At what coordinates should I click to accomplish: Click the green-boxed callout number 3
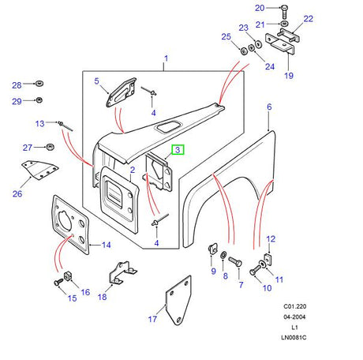[x=178, y=150]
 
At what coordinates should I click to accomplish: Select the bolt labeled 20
[x=285, y=11]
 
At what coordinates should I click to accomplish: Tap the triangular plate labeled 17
[x=178, y=300]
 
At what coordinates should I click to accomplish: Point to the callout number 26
[x=17, y=194]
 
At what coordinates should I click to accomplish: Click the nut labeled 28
[x=39, y=84]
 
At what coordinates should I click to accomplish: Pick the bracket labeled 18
[x=122, y=273]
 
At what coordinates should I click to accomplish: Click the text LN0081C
[x=294, y=337]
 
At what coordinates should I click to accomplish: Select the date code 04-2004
[x=294, y=317]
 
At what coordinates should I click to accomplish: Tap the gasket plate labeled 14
[x=70, y=225]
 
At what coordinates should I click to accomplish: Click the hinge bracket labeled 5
[x=122, y=92]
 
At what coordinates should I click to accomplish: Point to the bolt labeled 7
[x=235, y=261]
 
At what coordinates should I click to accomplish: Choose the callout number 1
[x=166, y=58]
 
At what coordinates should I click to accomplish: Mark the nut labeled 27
[x=50, y=147]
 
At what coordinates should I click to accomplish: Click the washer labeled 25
[x=244, y=51]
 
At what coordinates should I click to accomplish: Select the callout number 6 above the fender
[x=269, y=107]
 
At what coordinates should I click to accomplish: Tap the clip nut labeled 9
[x=212, y=249]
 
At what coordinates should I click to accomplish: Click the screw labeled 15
[x=58, y=283]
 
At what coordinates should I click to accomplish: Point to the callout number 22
[x=309, y=19]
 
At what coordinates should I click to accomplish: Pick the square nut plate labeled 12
[x=268, y=259]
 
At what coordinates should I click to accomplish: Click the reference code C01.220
[x=294, y=306]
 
